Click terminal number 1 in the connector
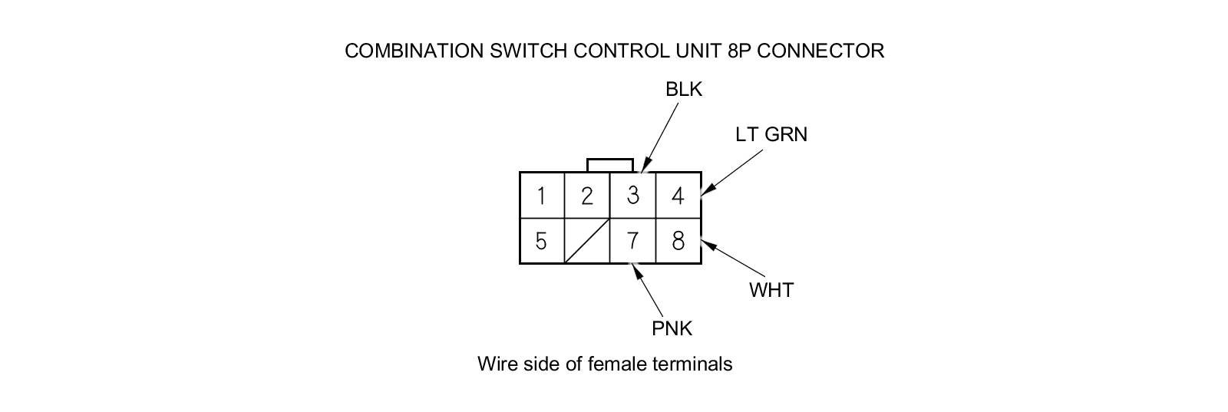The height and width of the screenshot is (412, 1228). [542, 196]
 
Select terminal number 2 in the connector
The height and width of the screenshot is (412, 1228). [587, 196]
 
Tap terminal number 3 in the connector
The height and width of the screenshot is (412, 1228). [632, 196]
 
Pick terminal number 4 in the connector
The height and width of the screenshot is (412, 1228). [678, 196]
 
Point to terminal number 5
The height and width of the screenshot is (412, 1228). [542, 241]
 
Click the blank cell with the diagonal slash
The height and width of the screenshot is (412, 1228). [587, 241]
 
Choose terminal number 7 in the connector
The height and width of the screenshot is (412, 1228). [632, 241]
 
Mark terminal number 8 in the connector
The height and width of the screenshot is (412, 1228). [678, 241]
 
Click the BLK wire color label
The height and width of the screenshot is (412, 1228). [684, 90]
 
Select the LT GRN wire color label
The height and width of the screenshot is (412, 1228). [771, 134]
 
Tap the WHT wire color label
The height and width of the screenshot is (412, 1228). [771, 290]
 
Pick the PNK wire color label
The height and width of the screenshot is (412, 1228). [672, 328]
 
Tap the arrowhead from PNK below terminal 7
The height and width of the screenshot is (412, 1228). [636, 271]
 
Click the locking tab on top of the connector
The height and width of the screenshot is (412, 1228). [610, 165]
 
